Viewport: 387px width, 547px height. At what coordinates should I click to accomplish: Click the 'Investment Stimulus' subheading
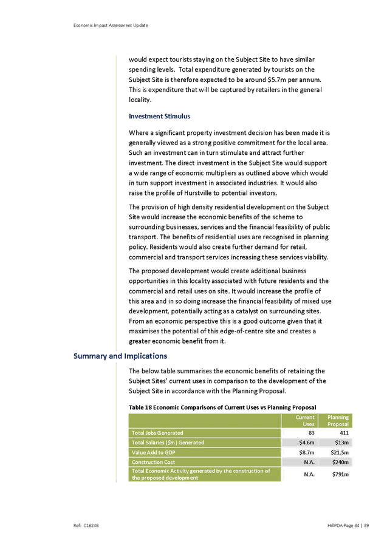tap(159, 117)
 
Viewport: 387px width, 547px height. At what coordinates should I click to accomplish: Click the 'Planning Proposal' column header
tap(338, 421)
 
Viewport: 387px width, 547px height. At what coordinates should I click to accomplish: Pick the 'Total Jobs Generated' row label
tap(157, 433)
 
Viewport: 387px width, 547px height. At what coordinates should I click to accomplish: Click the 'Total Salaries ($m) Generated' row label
tap(168, 443)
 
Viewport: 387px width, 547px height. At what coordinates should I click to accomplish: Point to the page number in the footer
tap(348, 523)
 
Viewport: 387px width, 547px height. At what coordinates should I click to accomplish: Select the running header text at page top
tap(111, 25)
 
